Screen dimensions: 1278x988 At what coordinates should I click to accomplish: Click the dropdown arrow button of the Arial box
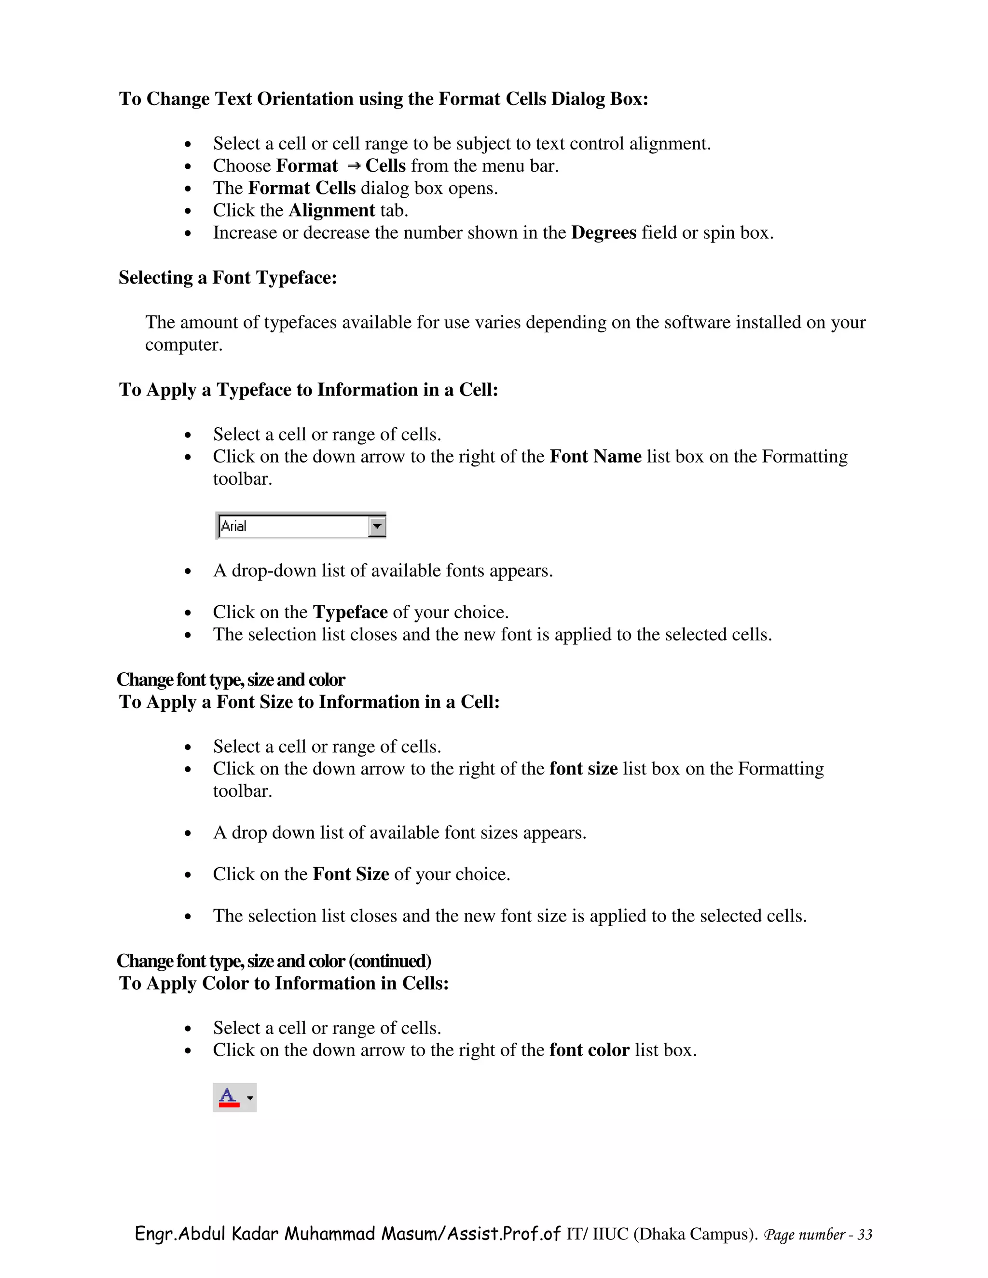(377, 526)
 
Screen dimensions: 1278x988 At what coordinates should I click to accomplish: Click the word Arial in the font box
(233, 526)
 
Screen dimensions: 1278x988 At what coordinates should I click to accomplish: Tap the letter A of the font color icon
(228, 1095)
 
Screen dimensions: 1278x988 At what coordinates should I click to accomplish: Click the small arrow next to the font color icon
(250, 1098)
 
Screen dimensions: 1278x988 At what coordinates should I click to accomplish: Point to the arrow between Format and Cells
(353, 167)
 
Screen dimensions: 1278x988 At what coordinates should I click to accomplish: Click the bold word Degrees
(604, 233)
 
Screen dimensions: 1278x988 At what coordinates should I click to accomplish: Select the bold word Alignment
(331, 211)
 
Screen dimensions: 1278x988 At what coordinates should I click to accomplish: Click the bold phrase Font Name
(595, 456)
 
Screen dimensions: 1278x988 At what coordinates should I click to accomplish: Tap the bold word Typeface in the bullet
(350, 612)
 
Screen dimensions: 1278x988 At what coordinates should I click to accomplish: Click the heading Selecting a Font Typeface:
(228, 277)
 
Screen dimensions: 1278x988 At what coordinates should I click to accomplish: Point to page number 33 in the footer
(864, 1235)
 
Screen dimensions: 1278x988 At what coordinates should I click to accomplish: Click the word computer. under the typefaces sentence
(184, 345)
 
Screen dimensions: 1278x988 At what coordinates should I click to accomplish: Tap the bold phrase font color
(589, 1050)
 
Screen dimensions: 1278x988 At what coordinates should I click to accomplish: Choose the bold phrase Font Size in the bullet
(351, 874)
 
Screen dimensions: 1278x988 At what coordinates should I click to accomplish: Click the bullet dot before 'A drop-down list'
(188, 571)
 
